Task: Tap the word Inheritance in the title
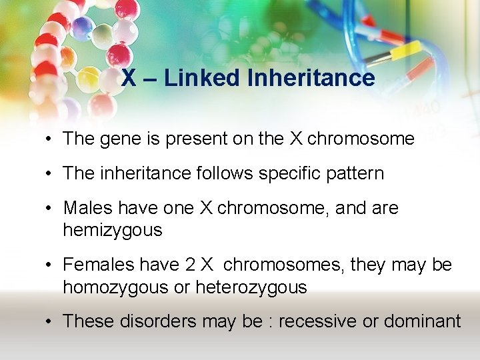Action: pos(311,78)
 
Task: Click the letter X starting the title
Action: pos(129,78)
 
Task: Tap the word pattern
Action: pos(355,174)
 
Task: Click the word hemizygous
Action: pos(112,231)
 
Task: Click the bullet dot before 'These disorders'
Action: pos(50,322)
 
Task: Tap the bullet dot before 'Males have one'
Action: pos(50,208)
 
